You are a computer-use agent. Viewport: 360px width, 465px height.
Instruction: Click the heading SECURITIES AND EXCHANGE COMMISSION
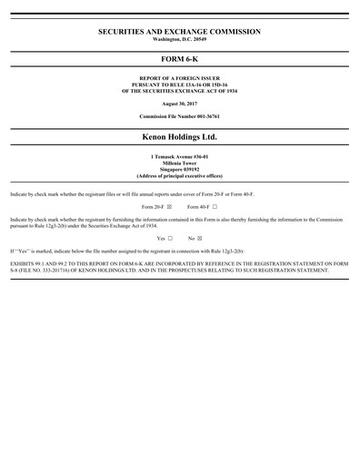click(179, 32)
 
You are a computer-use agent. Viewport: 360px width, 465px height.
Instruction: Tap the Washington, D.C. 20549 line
click(179, 40)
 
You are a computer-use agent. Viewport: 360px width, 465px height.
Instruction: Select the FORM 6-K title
click(179, 63)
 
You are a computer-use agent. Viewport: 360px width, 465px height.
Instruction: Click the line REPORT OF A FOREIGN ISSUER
click(179, 81)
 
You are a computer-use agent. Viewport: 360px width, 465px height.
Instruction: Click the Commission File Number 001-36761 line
click(179, 118)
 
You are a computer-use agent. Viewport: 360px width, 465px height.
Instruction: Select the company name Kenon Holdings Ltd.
click(179, 138)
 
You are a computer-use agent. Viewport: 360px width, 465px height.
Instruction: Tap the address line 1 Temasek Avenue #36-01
click(179, 158)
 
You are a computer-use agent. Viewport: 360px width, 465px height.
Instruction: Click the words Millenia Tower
click(179, 164)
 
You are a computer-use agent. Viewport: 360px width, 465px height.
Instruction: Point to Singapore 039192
click(179, 171)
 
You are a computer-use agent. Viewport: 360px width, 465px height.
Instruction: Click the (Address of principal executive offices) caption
click(179, 177)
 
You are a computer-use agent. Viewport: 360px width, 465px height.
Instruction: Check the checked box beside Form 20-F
click(169, 207)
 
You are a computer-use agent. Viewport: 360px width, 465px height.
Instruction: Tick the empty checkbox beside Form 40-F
click(215, 207)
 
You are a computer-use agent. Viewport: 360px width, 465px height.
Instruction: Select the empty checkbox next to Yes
click(170, 237)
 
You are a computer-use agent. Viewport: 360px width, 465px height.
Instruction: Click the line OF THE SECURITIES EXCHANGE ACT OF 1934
click(179, 93)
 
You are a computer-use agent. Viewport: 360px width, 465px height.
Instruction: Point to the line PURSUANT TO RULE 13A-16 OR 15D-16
click(179, 87)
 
